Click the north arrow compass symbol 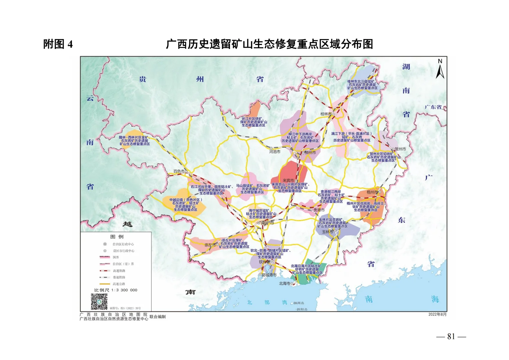[x=440, y=69]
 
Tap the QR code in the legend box [x=99, y=301]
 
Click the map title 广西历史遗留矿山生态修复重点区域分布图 [x=269, y=44]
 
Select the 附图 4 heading [x=58, y=44]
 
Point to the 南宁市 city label [x=267, y=223]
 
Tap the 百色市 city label [x=179, y=171]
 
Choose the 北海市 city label [x=284, y=283]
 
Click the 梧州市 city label [x=372, y=192]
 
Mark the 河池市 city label [x=275, y=152]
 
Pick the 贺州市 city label [x=400, y=149]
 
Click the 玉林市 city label [x=327, y=231]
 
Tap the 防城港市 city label [x=269, y=275]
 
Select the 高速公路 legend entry [x=119, y=284]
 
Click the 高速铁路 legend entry [x=119, y=271]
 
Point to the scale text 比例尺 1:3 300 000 [x=116, y=290]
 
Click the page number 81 [x=451, y=337]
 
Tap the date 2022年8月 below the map [x=437, y=314]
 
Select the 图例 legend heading [x=117, y=237]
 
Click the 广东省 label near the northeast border [x=433, y=107]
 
